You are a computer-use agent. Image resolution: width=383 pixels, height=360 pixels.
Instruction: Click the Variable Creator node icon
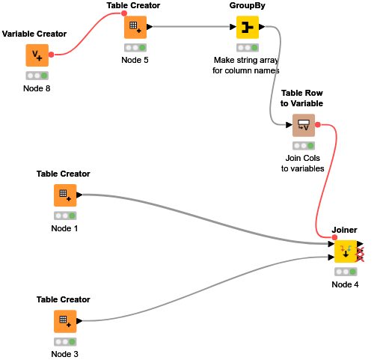pyautogui.click(x=37, y=54)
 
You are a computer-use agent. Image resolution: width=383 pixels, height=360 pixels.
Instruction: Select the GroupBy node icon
pyautogui.click(x=248, y=27)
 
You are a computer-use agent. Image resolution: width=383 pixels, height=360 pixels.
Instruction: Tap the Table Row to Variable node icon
pyautogui.click(x=304, y=124)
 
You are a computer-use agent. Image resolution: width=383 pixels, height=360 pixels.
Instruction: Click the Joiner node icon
pyautogui.click(x=346, y=251)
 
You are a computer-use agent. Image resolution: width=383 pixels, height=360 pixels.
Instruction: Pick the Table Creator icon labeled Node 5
pyautogui.click(x=135, y=27)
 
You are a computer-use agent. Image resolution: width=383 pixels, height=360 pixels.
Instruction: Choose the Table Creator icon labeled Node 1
pyautogui.click(x=65, y=195)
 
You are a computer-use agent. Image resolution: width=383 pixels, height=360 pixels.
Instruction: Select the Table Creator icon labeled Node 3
pyautogui.click(x=65, y=321)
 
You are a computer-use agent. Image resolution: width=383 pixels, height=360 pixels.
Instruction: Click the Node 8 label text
pyautogui.click(x=37, y=88)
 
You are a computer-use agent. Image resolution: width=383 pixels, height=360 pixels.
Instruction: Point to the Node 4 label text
pyautogui.click(x=346, y=284)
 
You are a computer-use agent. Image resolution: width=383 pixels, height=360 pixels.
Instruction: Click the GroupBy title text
pyautogui.click(x=248, y=6)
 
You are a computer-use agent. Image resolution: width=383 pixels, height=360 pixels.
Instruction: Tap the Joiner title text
pyautogui.click(x=345, y=230)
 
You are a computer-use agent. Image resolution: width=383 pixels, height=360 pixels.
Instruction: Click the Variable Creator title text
pyautogui.click(x=34, y=34)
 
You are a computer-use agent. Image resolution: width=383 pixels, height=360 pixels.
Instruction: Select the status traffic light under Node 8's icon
pyautogui.click(x=37, y=76)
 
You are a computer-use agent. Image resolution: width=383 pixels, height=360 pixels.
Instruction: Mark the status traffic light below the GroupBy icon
pyautogui.click(x=248, y=48)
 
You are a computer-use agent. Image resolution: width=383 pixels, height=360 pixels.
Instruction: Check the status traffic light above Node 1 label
pyautogui.click(x=65, y=216)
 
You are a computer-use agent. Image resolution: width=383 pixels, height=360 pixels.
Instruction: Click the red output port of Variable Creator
pyautogui.click(x=51, y=54)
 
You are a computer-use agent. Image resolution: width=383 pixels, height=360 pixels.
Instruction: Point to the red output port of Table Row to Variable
pyautogui.click(x=318, y=124)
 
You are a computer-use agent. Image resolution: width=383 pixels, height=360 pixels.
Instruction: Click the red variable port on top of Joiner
pyautogui.click(x=334, y=237)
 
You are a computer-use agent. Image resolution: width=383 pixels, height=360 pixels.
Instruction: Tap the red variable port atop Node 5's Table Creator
pyautogui.click(x=124, y=13)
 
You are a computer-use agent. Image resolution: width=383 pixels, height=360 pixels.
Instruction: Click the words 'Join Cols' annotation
pyautogui.click(x=302, y=158)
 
